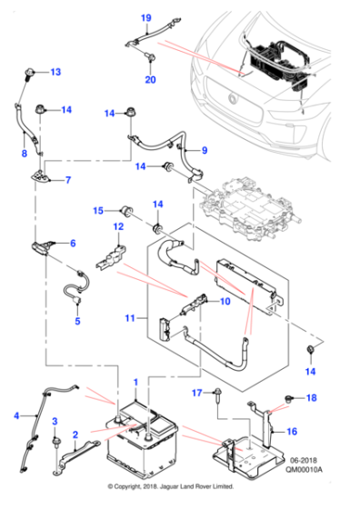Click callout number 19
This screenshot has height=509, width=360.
146,18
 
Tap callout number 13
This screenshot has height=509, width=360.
55,71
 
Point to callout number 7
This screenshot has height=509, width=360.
67,180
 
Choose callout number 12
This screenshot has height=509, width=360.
117,226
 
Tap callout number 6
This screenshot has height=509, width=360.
73,243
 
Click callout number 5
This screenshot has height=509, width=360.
77,321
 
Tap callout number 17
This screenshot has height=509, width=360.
195,392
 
